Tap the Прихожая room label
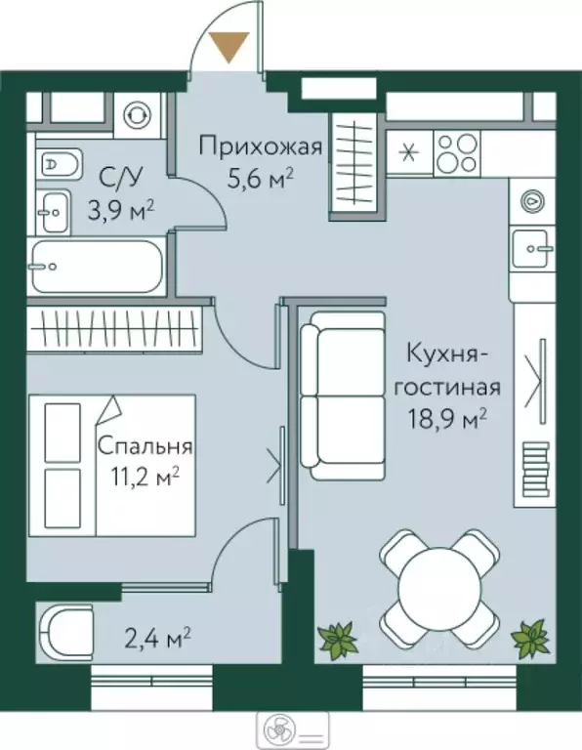pyautogui.click(x=260, y=147)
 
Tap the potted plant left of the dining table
pyautogui.click(x=339, y=640)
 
